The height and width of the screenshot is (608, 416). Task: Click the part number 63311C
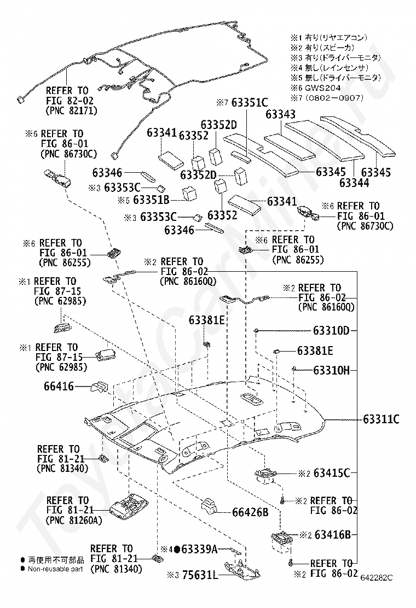pos(381,419)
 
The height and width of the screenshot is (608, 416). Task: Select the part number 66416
pos(59,386)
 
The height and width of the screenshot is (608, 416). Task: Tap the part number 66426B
pos(250,512)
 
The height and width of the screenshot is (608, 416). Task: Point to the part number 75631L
pos(199,575)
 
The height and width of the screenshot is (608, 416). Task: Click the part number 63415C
pos(332,472)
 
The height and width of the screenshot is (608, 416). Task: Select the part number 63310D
pos(331,330)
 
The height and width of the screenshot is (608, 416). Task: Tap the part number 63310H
pos(331,370)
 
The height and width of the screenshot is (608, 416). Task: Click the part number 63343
pos(281,114)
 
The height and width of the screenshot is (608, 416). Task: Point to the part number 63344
pos(354,183)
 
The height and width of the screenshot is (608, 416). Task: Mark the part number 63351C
pos(250,102)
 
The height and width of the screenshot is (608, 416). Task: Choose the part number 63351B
pos(151,200)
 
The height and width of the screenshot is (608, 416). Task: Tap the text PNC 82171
pos(71,110)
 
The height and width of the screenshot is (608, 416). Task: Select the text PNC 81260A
pos(74,520)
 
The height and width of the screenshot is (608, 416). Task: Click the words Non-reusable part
pos(55,569)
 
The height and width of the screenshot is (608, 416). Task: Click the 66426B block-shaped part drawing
pos(210,506)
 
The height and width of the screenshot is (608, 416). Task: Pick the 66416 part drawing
pos(100,387)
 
